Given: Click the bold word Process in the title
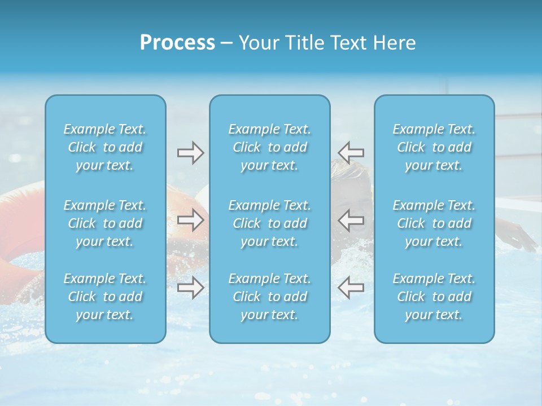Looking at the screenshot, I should tap(177, 43).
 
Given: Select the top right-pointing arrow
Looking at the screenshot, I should tap(190, 152).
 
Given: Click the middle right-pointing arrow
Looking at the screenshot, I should tap(190, 220).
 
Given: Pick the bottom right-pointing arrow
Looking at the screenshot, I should tap(190, 288).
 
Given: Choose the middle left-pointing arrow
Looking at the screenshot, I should tap(351, 220).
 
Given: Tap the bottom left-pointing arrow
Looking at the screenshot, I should tap(351, 288).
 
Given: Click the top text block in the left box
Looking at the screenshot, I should tap(105, 147).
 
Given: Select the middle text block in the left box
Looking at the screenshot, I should tap(105, 223).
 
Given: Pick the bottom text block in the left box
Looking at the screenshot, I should tap(105, 297).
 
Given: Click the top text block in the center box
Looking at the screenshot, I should tap(270, 147).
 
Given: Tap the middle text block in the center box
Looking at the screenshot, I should tap(270, 223).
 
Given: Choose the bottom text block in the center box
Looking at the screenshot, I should tap(270, 297).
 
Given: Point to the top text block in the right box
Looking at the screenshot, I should tap(434, 147).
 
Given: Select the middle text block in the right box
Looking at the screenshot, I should tap(434, 223).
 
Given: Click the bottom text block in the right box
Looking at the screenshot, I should tap(434, 297).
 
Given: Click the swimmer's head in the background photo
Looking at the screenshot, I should tap(353, 175).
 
